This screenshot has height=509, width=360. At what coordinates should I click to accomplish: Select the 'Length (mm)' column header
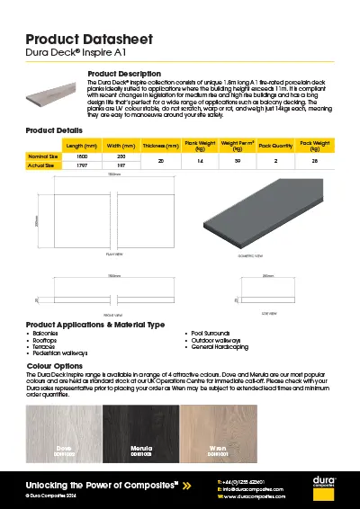pos(81,145)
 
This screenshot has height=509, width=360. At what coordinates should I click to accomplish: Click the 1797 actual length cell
pos(81,166)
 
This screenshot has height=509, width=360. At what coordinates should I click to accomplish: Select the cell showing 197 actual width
pos(121,166)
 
